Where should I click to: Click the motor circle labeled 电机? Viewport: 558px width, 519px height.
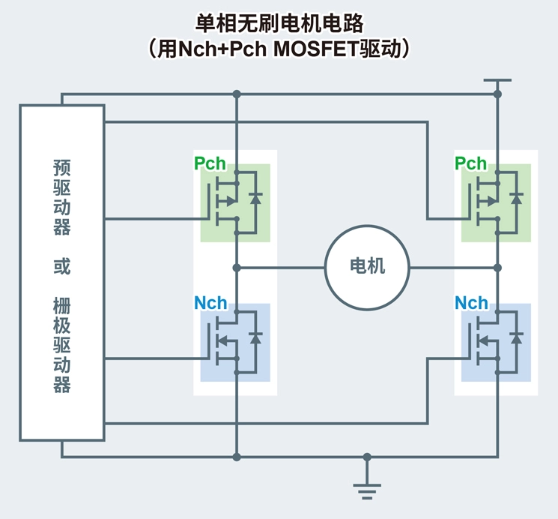367,267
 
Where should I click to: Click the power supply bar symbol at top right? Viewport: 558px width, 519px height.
497,79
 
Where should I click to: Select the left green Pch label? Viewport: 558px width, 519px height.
210,163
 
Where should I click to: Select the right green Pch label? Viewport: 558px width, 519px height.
470,163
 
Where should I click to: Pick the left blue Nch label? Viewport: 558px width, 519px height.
210,303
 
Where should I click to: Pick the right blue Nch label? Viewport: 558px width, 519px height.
471,303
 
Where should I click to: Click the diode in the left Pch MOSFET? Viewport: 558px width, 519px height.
256,198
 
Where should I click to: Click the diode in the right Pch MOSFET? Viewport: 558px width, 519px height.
516,198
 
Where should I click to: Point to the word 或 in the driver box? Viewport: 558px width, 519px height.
62,267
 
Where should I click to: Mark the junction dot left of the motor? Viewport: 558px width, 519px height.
237,267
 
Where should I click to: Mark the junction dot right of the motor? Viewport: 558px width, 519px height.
497,267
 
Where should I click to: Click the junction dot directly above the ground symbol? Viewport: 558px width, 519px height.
366,456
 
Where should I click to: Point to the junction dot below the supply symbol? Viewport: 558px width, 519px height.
497,94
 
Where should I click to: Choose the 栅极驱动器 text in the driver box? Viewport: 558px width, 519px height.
62,344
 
